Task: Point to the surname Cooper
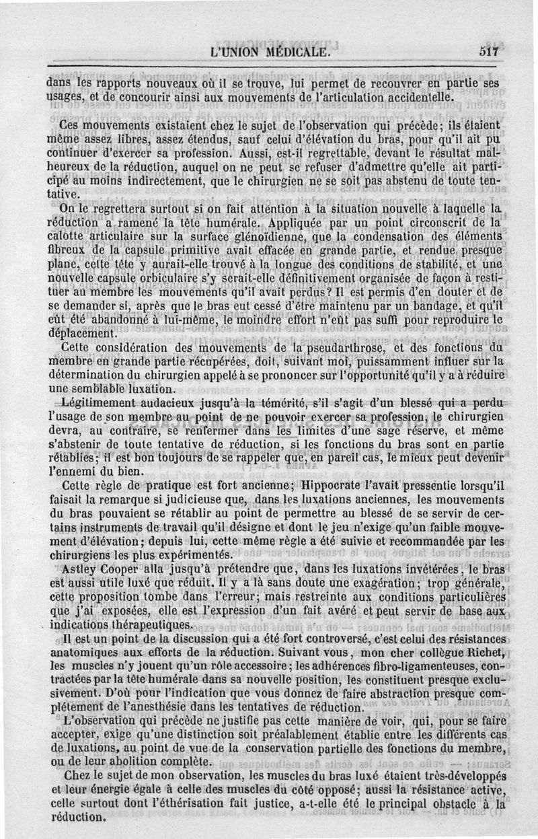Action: [x=123, y=569]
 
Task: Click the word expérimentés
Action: [x=185, y=555]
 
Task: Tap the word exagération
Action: [x=360, y=583]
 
